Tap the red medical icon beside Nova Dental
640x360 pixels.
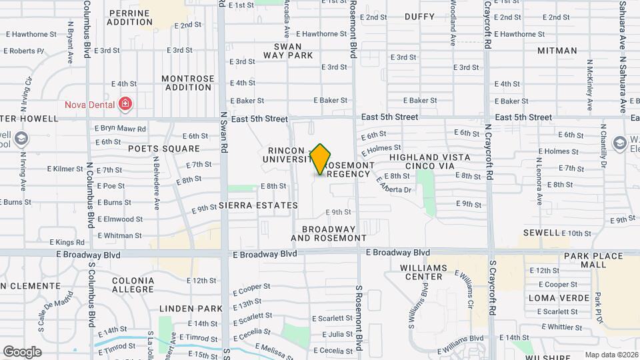click(x=124, y=104)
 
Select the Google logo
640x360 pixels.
click(x=22, y=351)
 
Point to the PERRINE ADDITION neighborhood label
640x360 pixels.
click(x=131, y=17)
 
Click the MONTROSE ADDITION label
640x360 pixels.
click(x=188, y=83)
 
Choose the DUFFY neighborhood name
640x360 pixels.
click(x=419, y=17)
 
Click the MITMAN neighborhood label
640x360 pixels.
click(x=557, y=51)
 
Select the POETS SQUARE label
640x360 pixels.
click(x=164, y=149)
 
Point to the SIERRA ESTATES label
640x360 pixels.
click(x=258, y=205)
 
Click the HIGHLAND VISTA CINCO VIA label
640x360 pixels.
click(x=430, y=161)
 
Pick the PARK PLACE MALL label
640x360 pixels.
click(x=585, y=260)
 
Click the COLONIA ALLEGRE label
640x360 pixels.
click(x=133, y=285)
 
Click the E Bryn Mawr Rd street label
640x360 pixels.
click(x=119, y=127)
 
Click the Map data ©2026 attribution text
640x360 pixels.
click(x=612, y=355)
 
